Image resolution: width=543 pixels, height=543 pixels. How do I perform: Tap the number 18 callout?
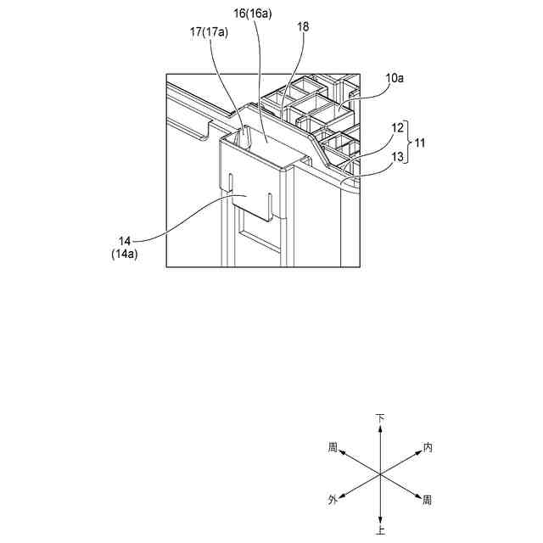point(303,27)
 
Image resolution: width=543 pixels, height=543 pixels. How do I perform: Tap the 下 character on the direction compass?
point(381,418)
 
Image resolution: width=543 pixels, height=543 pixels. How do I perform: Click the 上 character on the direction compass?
point(381,530)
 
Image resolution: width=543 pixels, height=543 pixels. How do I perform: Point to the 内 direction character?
point(428,446)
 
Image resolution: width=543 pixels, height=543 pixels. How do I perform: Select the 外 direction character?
point(333,501)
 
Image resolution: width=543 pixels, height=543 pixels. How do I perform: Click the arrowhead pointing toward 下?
point(381,429)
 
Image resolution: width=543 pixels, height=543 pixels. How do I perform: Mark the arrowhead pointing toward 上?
point(381,518)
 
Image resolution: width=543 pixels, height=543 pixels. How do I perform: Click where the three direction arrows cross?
point(381,473)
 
